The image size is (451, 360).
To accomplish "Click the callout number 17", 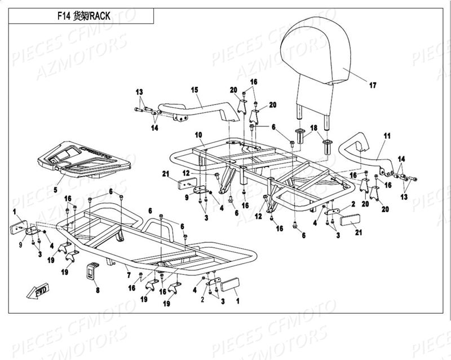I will coord(372,86).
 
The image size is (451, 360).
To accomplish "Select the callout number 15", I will coord(194,90).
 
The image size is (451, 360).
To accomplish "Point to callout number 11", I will coord(387,137).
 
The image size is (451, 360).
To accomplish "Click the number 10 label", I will coord(198,134).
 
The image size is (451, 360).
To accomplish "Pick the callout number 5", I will coord(55,190).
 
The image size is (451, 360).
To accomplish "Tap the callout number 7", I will coord(129,275).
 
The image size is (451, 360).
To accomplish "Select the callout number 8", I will coord(97,290).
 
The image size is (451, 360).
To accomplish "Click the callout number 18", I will coord(314,128).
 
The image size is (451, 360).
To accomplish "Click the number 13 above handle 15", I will coord(139,91).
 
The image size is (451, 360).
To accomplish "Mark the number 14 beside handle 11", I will coord(401,159).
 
